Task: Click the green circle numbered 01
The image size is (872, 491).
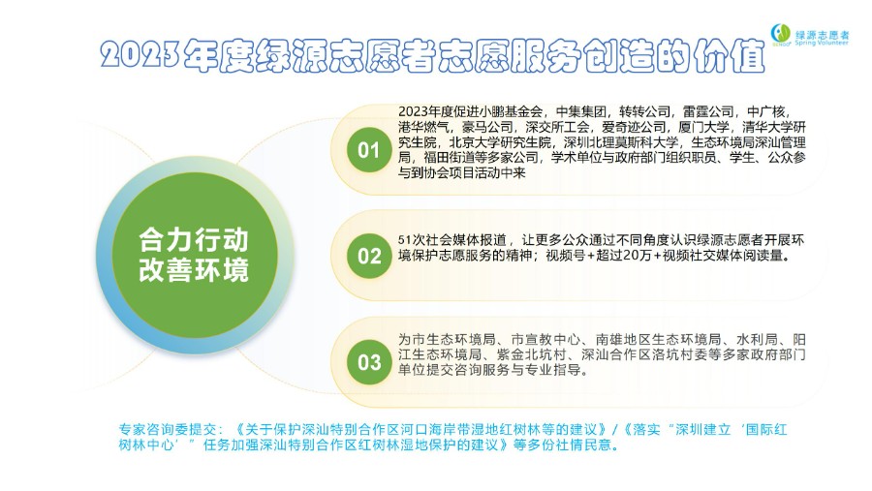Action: (369, 149)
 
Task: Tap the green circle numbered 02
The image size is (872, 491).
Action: (369, 256)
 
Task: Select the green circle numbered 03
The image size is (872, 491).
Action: (369, 362)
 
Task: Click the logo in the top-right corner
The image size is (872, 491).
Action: (810, 35)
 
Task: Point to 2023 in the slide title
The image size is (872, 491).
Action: (140, 55)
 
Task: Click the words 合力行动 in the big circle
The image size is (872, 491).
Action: (194, 239)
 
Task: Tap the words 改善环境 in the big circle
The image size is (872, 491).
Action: (194, 269)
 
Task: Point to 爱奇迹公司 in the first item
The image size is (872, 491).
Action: (634, 127)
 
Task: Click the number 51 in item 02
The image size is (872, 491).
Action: (404, 240)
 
